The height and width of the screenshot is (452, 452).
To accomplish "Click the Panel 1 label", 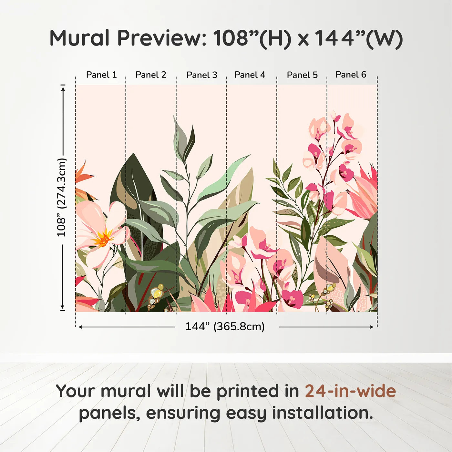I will [101, 75].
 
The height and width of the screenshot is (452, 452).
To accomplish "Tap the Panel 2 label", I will [151, 75].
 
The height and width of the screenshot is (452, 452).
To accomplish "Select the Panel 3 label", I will [202, 75].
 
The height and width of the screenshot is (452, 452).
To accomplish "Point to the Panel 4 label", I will [250, 75].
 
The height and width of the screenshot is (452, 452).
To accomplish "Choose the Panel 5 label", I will [302, 75].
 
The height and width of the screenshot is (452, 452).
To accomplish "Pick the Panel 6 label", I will [351, 75].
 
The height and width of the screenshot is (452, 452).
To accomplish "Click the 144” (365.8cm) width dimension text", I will [225, 326].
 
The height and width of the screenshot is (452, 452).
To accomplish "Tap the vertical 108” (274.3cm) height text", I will [61, 197].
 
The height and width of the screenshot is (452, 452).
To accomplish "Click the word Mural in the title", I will [79, 38].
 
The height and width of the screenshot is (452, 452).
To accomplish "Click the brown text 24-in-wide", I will [350, 391].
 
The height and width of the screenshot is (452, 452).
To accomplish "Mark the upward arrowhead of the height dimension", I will [63, 88].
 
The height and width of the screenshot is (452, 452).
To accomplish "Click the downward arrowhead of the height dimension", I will [63, 307].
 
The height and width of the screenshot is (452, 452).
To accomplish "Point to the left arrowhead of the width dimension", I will [80, 327].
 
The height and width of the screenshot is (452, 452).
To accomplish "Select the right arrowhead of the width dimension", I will [372, 327].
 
